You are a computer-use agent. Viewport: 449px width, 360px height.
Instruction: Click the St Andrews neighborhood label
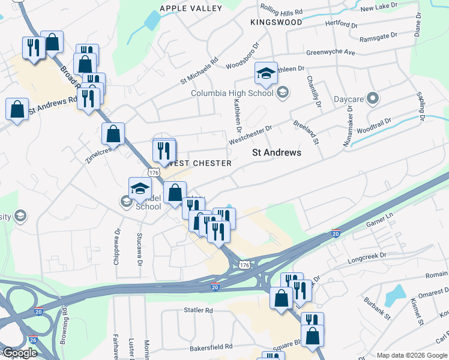coord(276,152)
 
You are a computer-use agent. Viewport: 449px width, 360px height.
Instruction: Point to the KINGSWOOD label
coord(276,22)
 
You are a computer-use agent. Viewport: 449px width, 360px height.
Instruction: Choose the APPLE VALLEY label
coord(190,8)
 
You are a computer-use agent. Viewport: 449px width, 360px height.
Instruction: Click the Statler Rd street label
coord(199,311)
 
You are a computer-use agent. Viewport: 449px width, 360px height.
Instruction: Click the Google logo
coord(19,353)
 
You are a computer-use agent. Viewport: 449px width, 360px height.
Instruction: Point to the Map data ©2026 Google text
coord(411,355)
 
